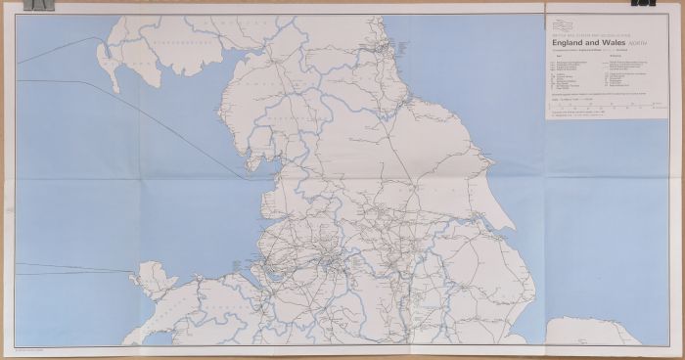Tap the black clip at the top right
642,4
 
